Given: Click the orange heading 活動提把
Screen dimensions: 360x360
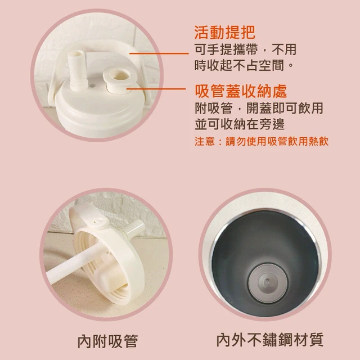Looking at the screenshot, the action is [x=225, y=33].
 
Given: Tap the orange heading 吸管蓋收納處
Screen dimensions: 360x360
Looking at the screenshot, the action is [x=241, y=91].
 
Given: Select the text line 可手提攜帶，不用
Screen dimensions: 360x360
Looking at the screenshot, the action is [x=245, y=49].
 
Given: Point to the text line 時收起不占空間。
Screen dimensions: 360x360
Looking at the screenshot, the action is [x=244, y=65].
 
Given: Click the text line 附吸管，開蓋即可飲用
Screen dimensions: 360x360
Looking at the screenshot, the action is [x=259, y=108].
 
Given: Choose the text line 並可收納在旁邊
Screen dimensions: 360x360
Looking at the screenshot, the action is [x=240, y=124].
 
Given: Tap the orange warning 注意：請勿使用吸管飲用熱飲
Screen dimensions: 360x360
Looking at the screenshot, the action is [x=262, y=141].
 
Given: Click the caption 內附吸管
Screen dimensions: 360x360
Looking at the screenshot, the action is [x=107, y=341].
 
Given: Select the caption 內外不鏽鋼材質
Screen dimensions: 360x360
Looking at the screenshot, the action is [x=270, y=340].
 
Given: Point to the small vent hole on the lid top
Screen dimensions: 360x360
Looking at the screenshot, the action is [x=92, y=85].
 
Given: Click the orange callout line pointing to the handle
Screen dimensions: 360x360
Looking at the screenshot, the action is [x=159, y=53].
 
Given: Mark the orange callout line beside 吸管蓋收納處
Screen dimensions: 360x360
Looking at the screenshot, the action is [x=156, y=89].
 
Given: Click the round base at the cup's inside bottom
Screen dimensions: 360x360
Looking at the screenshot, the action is [x=268, y=283].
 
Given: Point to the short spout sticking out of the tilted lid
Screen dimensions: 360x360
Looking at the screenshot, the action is [x=134, y=228].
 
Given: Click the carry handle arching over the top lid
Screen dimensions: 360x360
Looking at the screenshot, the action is [x=96, y=46].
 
